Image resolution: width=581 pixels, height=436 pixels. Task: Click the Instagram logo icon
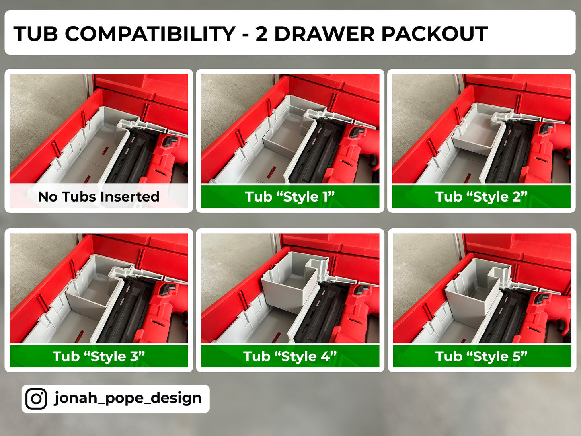coord(36,399)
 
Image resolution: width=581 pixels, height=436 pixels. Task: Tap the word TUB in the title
coord(35,34)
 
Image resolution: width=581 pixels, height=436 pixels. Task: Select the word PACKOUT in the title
coord(434,34)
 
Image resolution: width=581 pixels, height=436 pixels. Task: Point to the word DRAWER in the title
coord(324,34)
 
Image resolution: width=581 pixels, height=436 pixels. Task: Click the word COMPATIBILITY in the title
coord(150,34)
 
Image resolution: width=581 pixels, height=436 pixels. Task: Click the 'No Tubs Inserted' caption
coord(99,197)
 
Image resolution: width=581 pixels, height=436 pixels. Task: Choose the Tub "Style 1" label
coord(290,197)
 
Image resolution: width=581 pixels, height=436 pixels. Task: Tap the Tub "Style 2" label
coord(481,197)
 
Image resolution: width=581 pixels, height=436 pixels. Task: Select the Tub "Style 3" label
coord(99,356)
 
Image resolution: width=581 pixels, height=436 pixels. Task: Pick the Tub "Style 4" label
coord(290,356)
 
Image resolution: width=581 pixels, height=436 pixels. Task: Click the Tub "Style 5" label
coord(481,356)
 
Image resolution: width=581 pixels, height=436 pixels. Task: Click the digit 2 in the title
coord(261,34)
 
